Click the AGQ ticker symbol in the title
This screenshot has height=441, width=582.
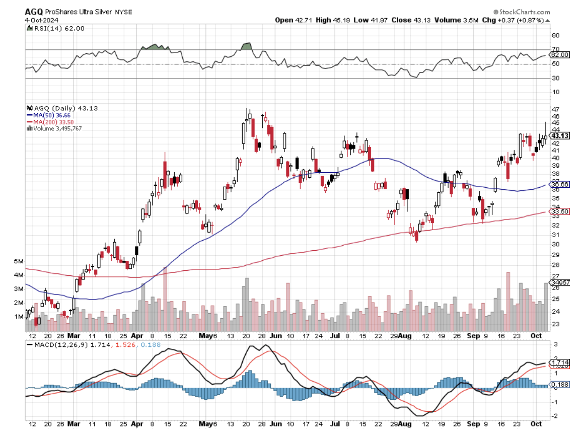point(34,12)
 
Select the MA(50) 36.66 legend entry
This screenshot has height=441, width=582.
point(49,115)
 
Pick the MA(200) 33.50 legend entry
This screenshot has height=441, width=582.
point(50,122)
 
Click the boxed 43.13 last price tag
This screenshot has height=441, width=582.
point(560,135)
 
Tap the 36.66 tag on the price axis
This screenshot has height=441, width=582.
point(560,185)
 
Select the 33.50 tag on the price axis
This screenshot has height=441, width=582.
point(560,212)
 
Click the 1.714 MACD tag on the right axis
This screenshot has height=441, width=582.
point(560,363)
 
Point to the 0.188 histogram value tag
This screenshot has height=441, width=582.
point(560,385)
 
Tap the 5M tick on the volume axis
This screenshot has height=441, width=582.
point(19,261)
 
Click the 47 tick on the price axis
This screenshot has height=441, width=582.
point(556,109)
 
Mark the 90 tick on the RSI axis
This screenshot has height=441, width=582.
point(556,35)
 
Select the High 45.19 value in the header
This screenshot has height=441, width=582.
point(331,20)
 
